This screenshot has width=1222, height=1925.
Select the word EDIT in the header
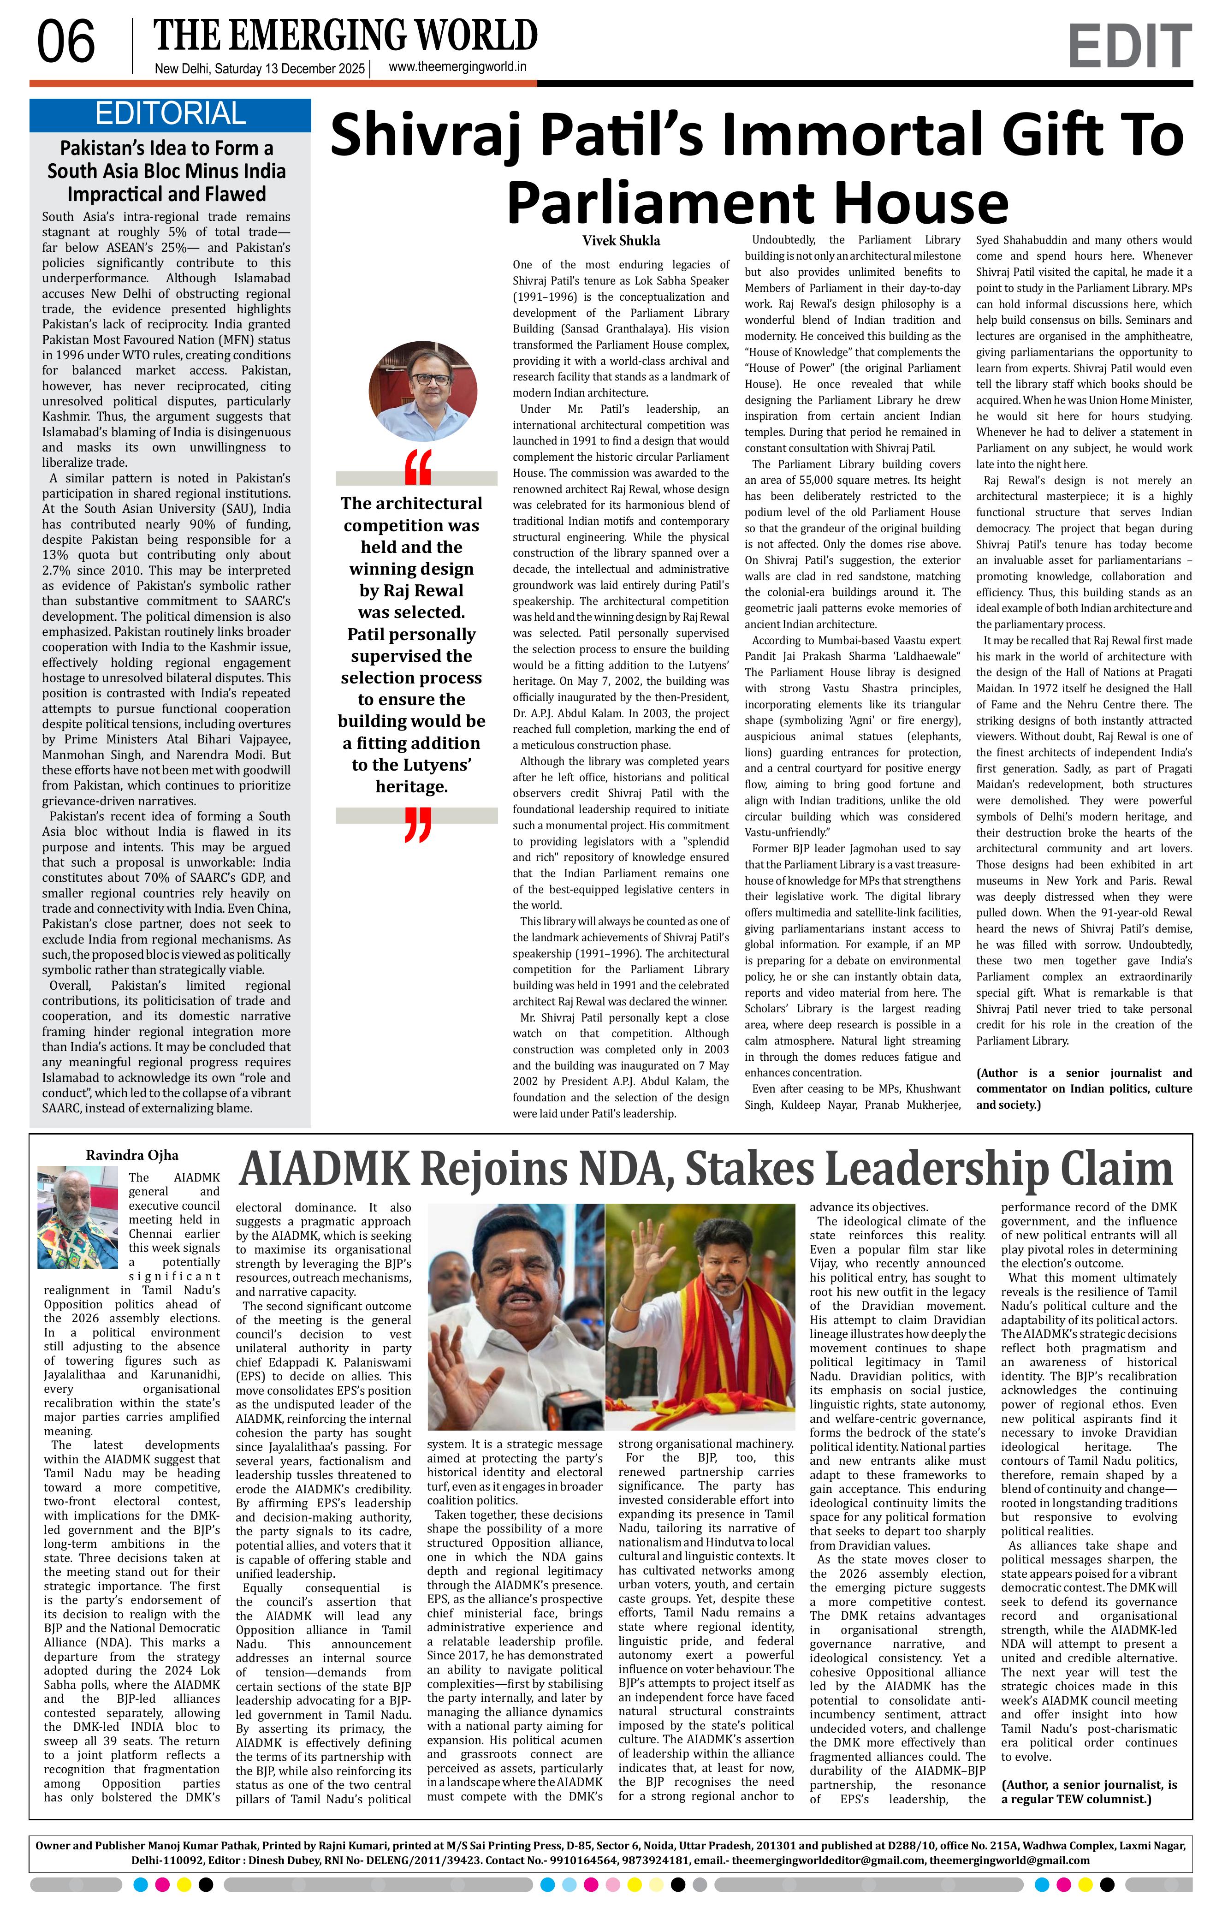coord(1128,47)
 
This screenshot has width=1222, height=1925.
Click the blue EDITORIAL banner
coord(169,114)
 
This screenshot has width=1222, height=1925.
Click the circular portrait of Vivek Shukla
coord(423,392)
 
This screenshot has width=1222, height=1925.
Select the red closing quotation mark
coord(417,824)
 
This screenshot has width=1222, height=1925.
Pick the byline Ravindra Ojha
coord(132,1155)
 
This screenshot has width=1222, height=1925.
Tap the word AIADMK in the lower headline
coord(324,1169)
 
